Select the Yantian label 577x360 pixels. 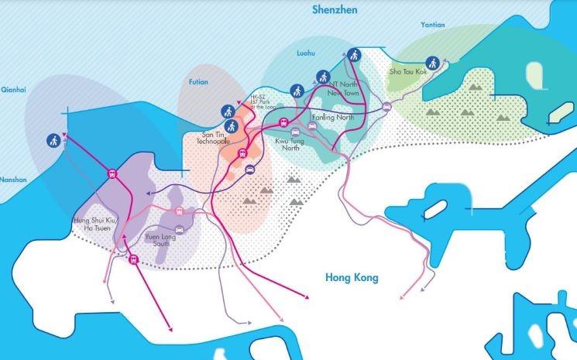(x=433, y=25)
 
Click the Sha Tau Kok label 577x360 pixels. (x=407, y=72)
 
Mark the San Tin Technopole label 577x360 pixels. (x=211, y=140)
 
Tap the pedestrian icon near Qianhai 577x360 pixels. (x=53, y=140)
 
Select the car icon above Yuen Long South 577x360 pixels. (x=180, y=229)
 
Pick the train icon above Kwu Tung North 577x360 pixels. (x=284, y=122)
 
